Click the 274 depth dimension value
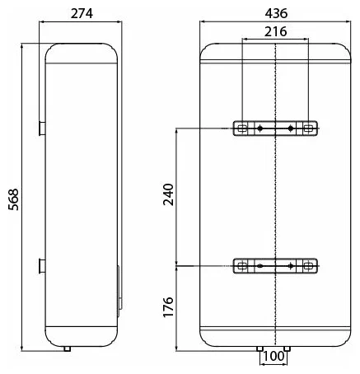pyautogui.click(x=82, y=13)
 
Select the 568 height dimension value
pyautogui.click(x=13, y=199)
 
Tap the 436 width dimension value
pyautogui.click(x=276, y=13)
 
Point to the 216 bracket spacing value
pyautogui.click(x=276, y=31)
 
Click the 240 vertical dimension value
pyautogui.click(x=168, y=194)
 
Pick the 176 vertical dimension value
pyautogui.click(x=168, y=307)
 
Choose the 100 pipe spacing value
pyautogui.click(x=274, y=356)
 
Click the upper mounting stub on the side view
pyautogui.click(x=42, y=129)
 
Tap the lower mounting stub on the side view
pyautogui.click(x=42, y=266)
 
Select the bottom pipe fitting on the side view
pyautogui.click(x=68, y=348)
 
